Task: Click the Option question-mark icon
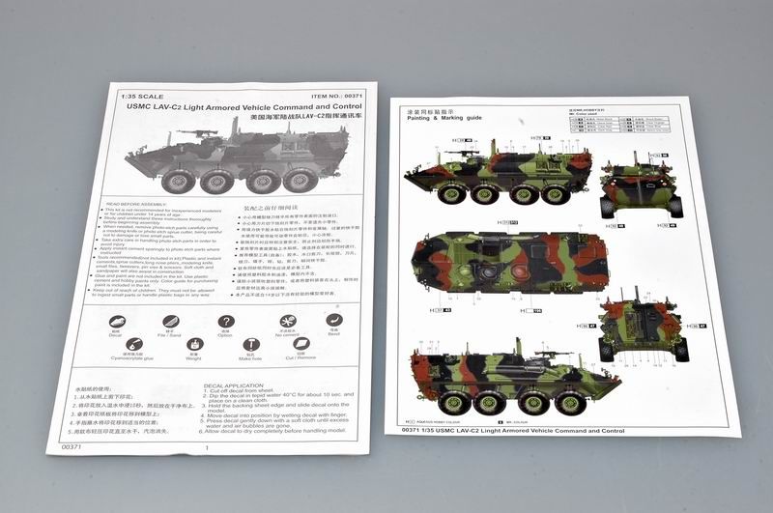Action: [225, 322]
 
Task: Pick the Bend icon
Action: [334, 322]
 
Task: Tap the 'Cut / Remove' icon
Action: [306, 347]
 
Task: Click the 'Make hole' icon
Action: [251, 346]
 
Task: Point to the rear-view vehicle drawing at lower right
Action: [643, 328]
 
